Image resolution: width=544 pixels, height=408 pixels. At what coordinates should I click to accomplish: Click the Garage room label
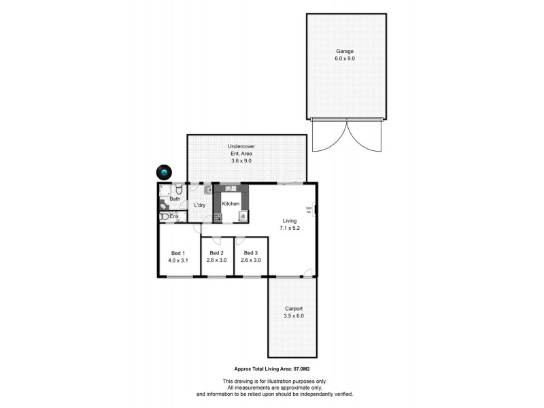(x=345, y=51)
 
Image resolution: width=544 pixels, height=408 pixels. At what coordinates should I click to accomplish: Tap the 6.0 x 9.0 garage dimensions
(x=345, y=58)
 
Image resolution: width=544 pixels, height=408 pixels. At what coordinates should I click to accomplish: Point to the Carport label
(x=294, y=308)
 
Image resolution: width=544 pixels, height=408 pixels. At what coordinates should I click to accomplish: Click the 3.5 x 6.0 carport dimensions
(x=294, y=316)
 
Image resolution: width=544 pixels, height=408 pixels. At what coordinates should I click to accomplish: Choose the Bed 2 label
(x=217, y=252)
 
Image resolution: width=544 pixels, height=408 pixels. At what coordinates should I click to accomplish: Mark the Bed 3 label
(x=251, y=252)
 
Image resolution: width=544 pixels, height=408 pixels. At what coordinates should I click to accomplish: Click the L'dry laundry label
(x=200, y=205)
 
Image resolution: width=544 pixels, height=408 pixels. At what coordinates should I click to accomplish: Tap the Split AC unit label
(x=308, y=209)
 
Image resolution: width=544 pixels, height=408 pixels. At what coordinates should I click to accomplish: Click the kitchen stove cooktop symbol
(x=218, y=218)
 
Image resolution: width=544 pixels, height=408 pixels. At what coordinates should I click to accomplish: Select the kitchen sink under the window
(x=231, y=188)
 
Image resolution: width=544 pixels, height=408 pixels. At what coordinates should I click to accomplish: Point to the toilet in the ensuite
(x=165, y=217)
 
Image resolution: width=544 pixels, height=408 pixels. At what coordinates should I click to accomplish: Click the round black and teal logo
(x=164, y=173)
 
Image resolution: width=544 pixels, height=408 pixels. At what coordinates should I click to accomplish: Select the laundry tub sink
(x=208, y=190)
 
